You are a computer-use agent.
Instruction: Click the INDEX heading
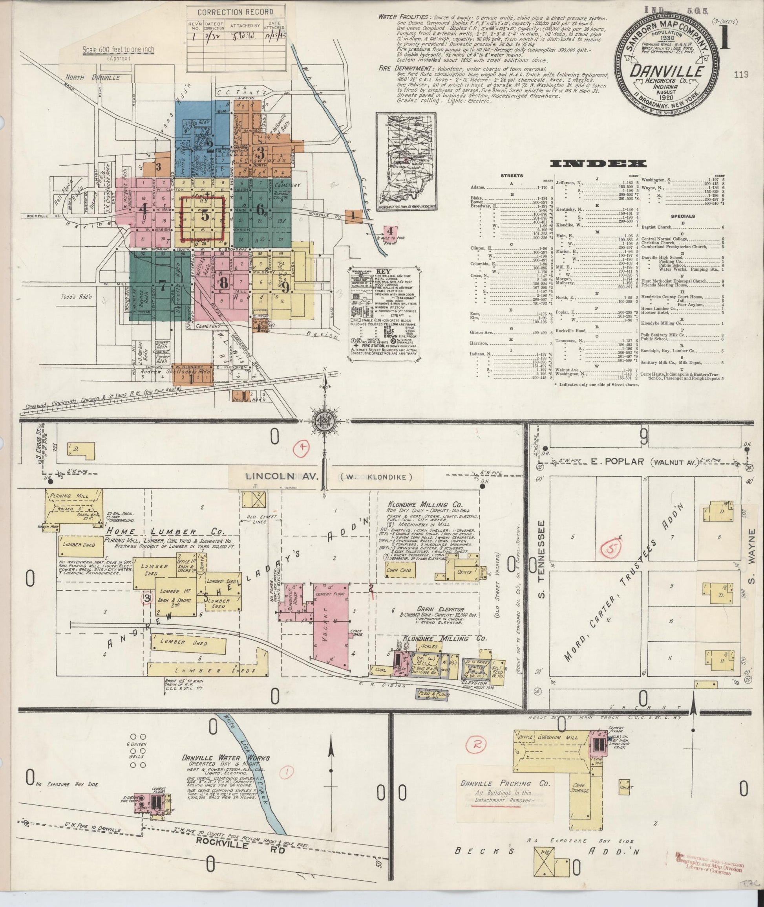point(598,163)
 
